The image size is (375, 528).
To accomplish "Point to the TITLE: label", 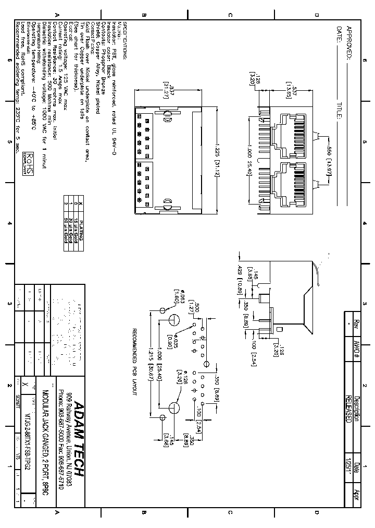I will tap(340, 111).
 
